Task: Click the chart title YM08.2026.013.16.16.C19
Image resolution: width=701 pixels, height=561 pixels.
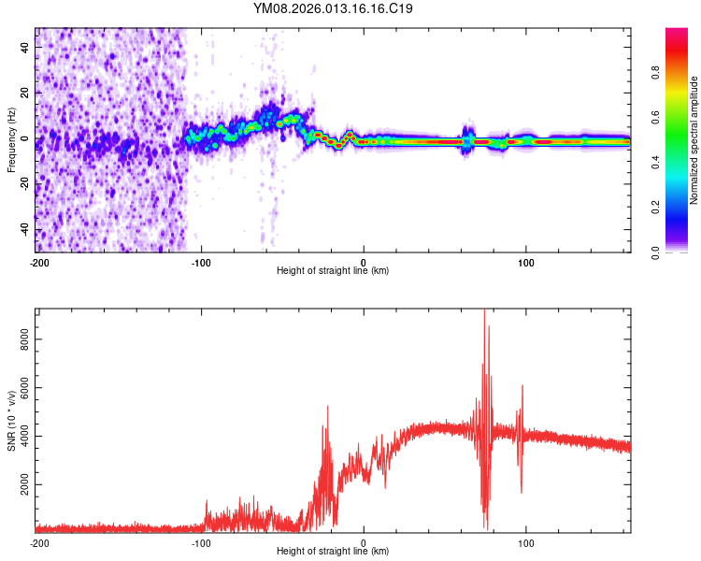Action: coord(334,9)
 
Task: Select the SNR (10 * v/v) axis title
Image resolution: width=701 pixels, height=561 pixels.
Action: coord(11,421)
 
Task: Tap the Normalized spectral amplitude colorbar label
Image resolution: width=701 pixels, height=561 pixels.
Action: coord(694,140)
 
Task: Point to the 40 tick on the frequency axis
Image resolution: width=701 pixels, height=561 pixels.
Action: coord(26,47)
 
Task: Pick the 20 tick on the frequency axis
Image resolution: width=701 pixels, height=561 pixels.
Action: coord(26,93)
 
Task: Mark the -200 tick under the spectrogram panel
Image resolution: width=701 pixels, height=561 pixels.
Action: coord(38,261)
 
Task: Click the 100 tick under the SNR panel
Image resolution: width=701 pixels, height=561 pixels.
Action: coord(526,542)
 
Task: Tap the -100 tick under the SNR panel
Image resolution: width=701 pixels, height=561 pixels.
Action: coord(201,542)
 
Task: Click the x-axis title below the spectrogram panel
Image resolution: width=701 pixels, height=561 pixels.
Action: coord(334,271)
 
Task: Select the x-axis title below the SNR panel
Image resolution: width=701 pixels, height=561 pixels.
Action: coord(334,553)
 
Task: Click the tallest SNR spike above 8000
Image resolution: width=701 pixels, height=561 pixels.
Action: coord(484,312)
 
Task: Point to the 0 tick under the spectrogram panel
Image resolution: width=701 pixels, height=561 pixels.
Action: coord(364,261)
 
